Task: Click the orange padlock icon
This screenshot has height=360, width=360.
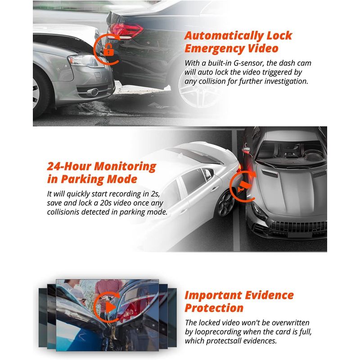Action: point(108,50)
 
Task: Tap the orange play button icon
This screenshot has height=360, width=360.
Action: point(110,307)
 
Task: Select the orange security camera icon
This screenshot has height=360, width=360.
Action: point(243,185)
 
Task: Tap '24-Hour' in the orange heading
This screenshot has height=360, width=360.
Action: point(69,166)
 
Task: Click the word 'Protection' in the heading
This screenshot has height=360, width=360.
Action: point(214,308)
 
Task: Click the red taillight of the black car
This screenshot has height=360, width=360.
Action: point(126,31)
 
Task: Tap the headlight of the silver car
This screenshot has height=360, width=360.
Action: point(85,60)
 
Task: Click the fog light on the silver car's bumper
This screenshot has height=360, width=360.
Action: point(94,92)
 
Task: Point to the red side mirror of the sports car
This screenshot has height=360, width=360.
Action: point(246,150)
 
